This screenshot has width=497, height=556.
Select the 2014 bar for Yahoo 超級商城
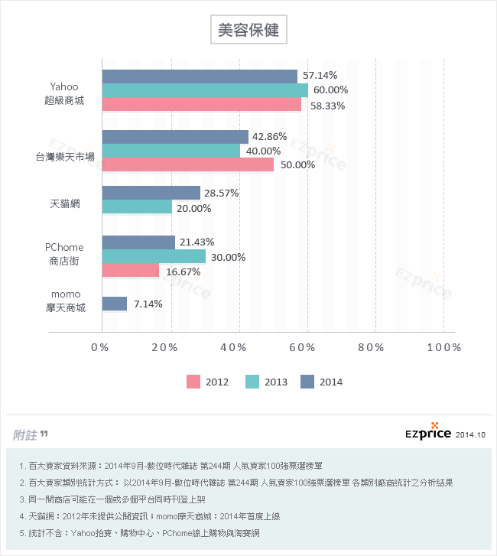click(x=200, y=76)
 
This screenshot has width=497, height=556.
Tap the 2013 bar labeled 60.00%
click(x=205, y=90)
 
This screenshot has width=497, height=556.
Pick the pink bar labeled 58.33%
click(x=202, y=105)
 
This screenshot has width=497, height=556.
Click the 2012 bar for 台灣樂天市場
click(x=187, y=164)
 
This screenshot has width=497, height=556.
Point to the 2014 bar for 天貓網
click(x=151, y=193)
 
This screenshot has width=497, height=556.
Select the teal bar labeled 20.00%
click(x=136, y=207)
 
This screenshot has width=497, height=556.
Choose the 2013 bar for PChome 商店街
click(x=153, y=256)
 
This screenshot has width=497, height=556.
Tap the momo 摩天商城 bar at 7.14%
click(x=114, y=304)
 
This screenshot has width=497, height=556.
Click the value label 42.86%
click(x=269, y=137)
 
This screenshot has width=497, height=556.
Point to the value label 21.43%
click(x=197, y=242)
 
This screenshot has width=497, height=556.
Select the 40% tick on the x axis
click(x=239, y=347)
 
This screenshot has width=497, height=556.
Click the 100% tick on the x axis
click(x=444, y=347)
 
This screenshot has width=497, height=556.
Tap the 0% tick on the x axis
click(x=100, y=347)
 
